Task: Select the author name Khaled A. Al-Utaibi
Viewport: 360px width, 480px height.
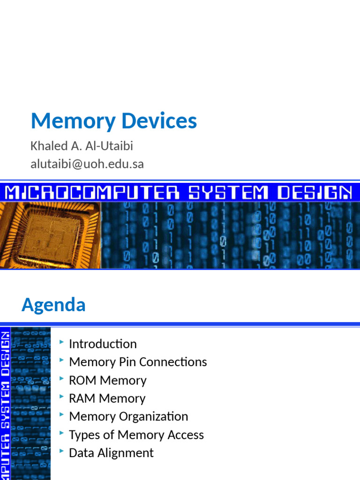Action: pos(82,146)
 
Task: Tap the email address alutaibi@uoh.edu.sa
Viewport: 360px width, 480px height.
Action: pos(87,164)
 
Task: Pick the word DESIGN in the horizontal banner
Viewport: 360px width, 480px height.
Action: pos(314,192)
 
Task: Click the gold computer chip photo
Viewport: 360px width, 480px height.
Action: pos(50,234)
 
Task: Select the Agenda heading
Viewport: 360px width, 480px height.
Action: pos(53,305)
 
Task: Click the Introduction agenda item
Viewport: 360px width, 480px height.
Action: pos(103,344)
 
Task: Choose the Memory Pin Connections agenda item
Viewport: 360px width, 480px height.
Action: pos(138,362)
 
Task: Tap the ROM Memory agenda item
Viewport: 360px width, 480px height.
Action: pos(107,380)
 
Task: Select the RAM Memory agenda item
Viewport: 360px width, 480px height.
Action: pos(107,398)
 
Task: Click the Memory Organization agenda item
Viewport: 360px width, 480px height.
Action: pos(128,416)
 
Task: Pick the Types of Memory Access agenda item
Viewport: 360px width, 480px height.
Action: pos(136,435)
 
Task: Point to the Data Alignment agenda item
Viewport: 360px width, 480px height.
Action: pos(111,453)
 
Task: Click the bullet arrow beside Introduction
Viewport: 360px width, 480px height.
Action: pos(61,343)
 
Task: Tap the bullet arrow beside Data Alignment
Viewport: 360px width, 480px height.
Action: pos(61,452)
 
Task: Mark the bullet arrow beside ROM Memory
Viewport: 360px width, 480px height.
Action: pos(61,379)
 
